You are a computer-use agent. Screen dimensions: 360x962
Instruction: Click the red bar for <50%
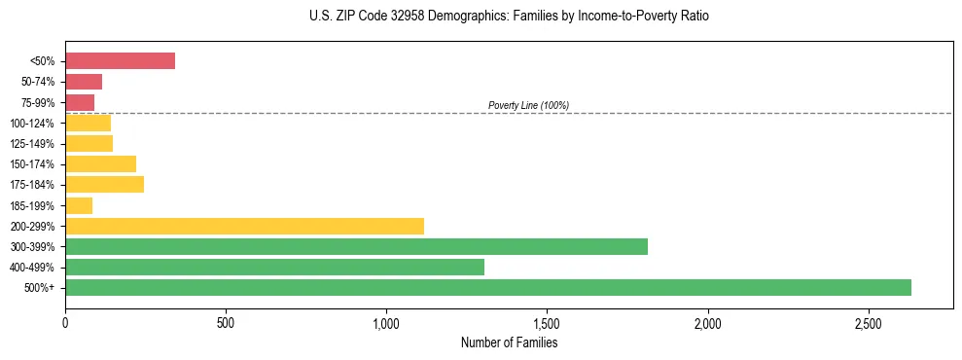tap(120, 61)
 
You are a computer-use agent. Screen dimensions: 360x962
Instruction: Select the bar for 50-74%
tap(84, 82)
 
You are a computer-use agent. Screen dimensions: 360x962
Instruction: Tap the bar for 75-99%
tap(80, 102)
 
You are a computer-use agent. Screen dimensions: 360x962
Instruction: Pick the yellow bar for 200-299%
tap(244, 226)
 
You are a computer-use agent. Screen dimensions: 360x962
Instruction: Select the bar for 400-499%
tap(274, 267)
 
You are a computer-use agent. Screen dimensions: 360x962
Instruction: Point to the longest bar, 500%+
tap(487, 287)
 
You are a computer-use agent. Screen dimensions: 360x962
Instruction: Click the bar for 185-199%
tap(79, 205)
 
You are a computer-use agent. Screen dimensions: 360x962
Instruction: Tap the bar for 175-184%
tap(104, 185)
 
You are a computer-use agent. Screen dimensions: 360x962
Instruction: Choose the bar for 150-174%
tap(100, 164)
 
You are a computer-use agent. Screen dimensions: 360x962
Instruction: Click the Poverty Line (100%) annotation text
tap(528, 105)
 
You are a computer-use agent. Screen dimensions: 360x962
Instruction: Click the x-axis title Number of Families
tap(509, 342)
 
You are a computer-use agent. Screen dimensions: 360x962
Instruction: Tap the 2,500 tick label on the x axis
tap(869, 323)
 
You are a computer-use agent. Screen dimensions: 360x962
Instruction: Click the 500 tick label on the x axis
tap(226, 323)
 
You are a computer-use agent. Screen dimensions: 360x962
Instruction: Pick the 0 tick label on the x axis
tap(65, 323)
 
